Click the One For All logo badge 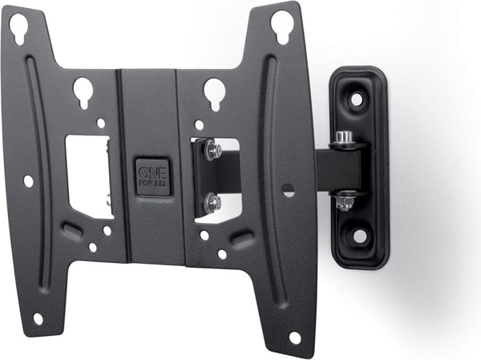(153, 177)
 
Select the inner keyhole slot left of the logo (83, 92)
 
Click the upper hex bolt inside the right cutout (212, 149)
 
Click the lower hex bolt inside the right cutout (212, 201)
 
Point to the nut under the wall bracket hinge (345, 204)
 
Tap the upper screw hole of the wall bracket (357, 99)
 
